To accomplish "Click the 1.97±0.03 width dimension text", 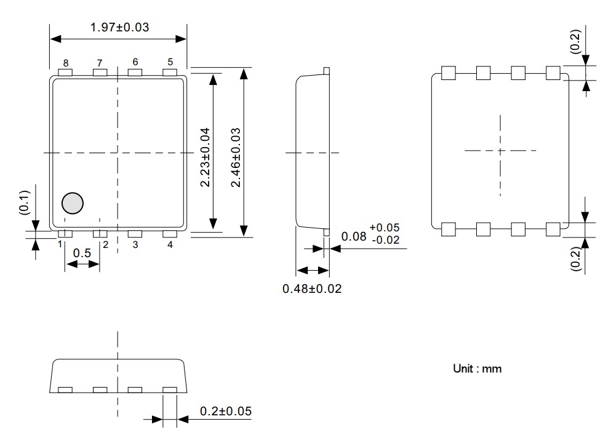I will pyautogui.click(x=119, y=27).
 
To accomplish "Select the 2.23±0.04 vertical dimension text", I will pyautogui.click(x=205, y=158).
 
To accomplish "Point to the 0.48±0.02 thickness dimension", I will pyautogui.click(x=312, y=288).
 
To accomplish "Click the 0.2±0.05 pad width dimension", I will pyautogui.click(x=225, y=411).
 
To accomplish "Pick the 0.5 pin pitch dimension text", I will pyautogui.click(x=82, y=253).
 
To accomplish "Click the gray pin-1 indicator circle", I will pyautogui.click(x=73, y=203).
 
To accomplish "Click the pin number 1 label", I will pyautogui.click(x=60, y=244).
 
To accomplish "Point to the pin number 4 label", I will pyautogui.click(x=170, y=245).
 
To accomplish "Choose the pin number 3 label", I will pyautogui.click(x=135, y=245).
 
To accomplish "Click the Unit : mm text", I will pyautogui.click(x=477, y=369).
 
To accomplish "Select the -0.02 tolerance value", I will pyautogui.click(x=385, y=239).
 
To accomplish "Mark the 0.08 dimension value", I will pyautogui.click(x=353, y=235).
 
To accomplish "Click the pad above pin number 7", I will pyautogui.click(x=100, y=73).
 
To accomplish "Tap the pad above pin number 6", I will pyautogui.click(x=135, y=73).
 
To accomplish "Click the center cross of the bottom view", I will pyautogui.click(x=500, y=151).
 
